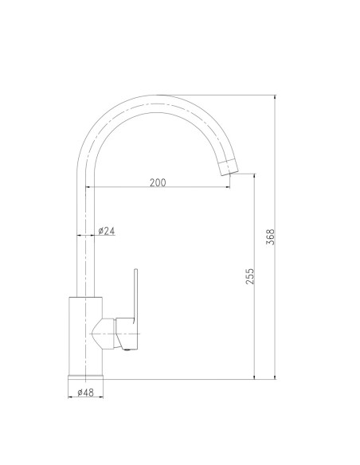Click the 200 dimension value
tap(157, 183)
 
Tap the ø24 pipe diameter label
tap(107, 231)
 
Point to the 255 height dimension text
tap(250, 276)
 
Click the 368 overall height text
tap(271, 237)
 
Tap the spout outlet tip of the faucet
tap(229, 166)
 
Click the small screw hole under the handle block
tap(125, 346)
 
